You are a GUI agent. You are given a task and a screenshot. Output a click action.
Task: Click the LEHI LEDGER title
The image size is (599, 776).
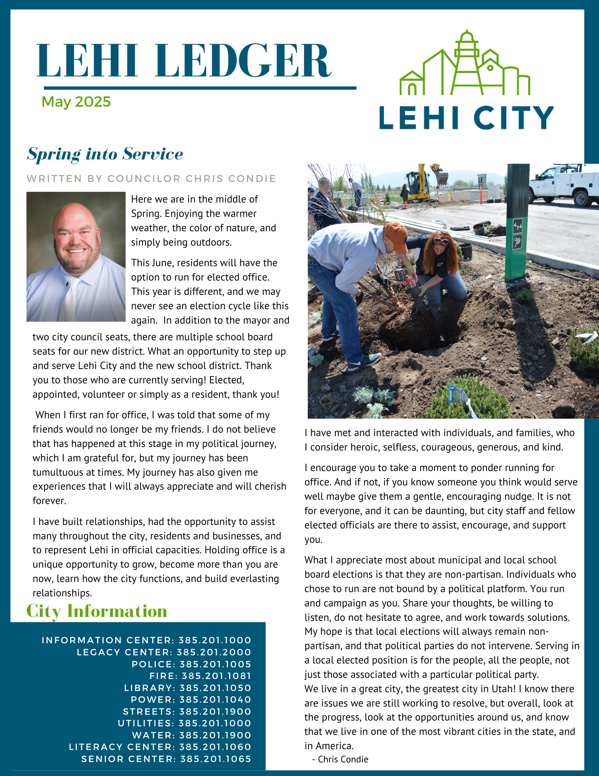pyautogui.click(x=184, y=61)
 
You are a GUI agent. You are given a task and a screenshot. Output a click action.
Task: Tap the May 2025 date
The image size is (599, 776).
pyautogui.click(x=76, y=102)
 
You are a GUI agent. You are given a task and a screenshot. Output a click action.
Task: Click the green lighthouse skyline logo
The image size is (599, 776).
pyautogui.click(x=465, y=64)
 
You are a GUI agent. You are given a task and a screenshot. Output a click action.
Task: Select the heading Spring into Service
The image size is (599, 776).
pyautogui.click(x=105, y=154)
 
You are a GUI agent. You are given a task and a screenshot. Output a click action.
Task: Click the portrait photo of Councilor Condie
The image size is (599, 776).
pyautogui.click(x=76, y=256)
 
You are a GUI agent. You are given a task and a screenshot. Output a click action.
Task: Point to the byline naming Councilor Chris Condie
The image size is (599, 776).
pyautogui.click(x=151, y=178)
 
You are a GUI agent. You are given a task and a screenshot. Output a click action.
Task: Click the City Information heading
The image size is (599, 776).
pyautogui.click(x=97, y=611)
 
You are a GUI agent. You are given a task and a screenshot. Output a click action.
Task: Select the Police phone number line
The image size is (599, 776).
pyautogui.click(x=192, y=664)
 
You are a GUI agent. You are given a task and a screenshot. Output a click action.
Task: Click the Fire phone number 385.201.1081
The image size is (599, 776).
pyautogui.click(x=216, y=676)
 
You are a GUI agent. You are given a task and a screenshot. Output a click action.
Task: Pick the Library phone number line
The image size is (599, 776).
pyautogui.click(x=188, y=688)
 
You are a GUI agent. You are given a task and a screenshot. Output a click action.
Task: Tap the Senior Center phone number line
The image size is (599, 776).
pyautogui.click(x=166, y=759)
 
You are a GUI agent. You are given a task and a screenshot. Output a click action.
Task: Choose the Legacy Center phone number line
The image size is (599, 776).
pyautogui.click(x=164, y=652)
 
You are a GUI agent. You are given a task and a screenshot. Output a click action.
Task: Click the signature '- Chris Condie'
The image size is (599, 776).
pyautogui.click(x=340, y=759)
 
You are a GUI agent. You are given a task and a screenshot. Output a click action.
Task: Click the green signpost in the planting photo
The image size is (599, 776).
pyautogui.click(x=517, y=221)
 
